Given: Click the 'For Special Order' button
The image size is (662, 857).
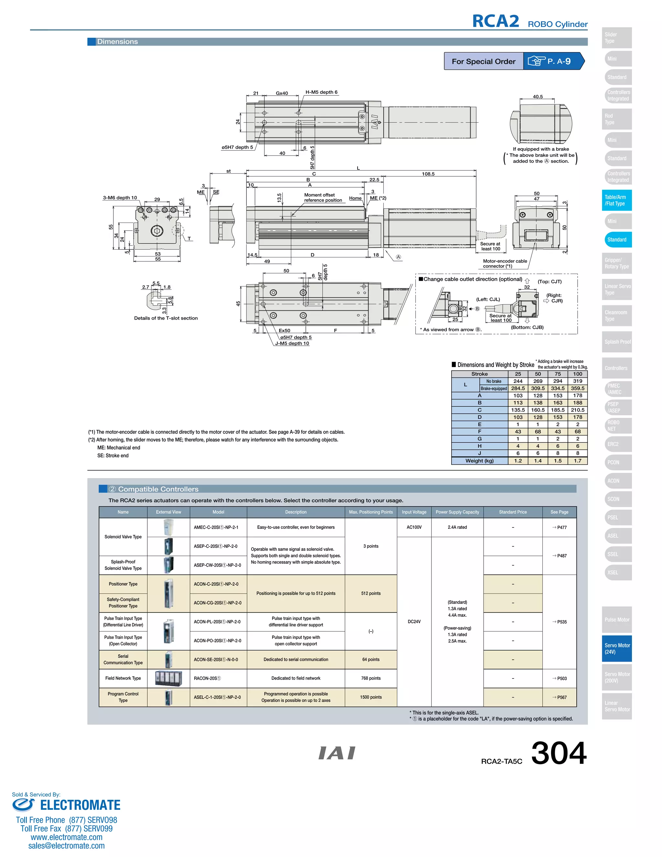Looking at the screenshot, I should tap(483, 61).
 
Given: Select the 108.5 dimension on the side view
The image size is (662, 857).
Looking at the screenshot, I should tap(428, 174).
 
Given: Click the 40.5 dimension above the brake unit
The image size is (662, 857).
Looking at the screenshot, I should tap(538, 96).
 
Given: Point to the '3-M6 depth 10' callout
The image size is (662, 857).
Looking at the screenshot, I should tap(120, 198).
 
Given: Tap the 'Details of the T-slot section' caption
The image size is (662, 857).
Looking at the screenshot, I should tap(165, 318).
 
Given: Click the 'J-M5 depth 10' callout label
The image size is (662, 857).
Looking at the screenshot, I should tap(292, 343).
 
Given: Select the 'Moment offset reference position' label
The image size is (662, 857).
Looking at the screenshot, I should tap(323, 197).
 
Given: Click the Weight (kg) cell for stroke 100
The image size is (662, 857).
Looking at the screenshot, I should tap(577, 461).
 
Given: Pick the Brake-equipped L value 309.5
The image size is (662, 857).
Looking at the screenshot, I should tap(538, 388).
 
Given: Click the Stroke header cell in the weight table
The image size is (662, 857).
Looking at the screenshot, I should tap(479, 374).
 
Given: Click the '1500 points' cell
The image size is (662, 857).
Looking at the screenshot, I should tap(371, 697).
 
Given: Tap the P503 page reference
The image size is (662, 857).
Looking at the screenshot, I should tap(559, 678).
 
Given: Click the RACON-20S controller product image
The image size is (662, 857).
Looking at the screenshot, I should tap(168, 678).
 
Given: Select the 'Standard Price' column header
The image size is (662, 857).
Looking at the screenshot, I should tap(513, 512).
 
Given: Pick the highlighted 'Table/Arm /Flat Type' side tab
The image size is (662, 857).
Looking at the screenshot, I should tap(616, 200).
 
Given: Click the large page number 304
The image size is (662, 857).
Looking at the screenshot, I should tap(559, 753).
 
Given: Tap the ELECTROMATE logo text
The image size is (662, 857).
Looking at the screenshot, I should tap(80, 805).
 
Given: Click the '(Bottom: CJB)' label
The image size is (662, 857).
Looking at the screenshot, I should tap(527, 327).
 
